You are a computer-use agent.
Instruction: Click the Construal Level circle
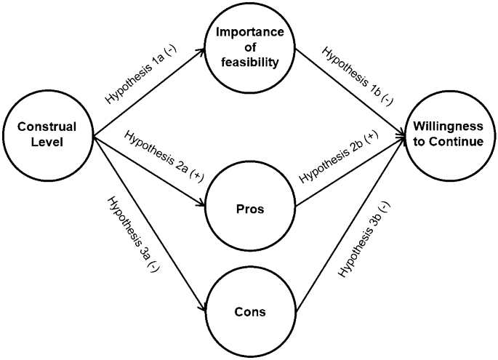click(49, 135)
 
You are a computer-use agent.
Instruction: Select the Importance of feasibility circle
click(249, 49)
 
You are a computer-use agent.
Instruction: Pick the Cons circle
click(249, 312)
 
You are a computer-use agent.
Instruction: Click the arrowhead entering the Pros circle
click(201, 207)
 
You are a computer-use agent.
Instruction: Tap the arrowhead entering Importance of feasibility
click(201, 51)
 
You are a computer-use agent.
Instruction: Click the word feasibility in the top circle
click(249, 63)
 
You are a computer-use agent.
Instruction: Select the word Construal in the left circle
click(49, 128)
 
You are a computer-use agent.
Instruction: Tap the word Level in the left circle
click(49, 142)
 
